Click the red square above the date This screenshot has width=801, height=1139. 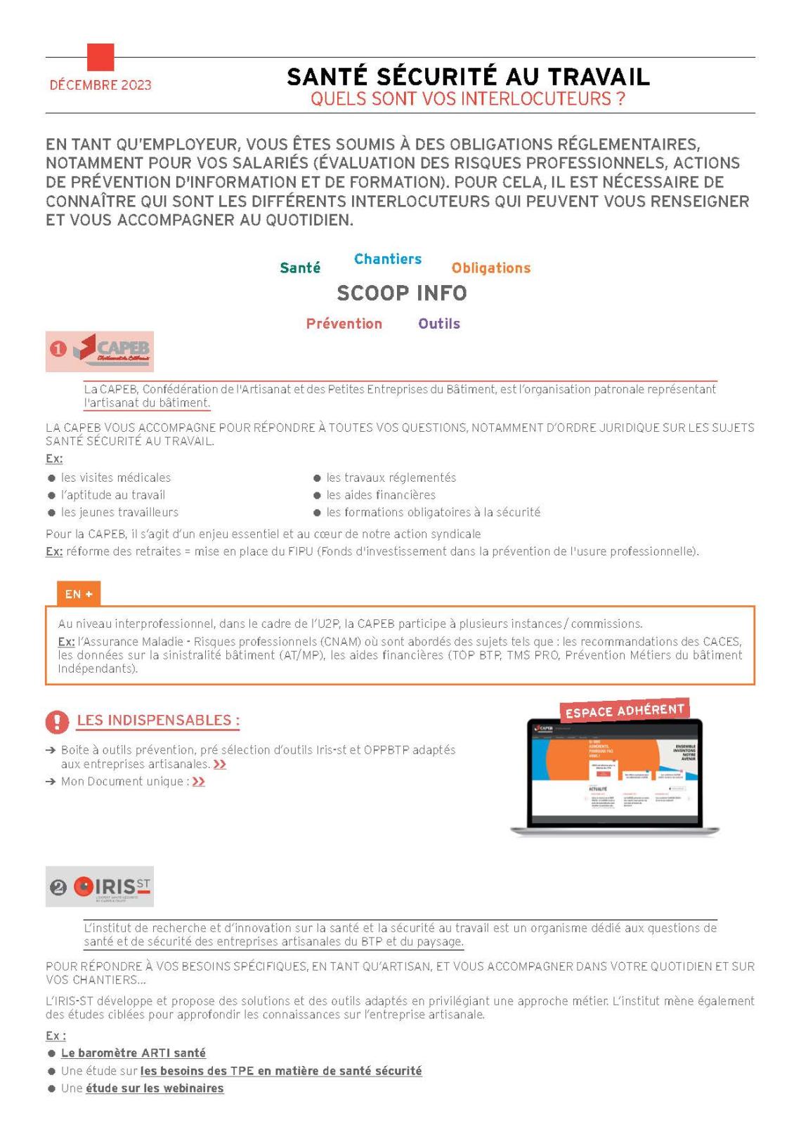[x=100, y=57]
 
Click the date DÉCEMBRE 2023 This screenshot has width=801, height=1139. [x=100, y=86]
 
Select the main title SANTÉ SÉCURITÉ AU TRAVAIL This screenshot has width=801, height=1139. [x=468, y=77]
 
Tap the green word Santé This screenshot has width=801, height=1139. [x=300, y=268]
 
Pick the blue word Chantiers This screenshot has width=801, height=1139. [x=388, y=259]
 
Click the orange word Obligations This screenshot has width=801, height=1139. [x=491, y=268]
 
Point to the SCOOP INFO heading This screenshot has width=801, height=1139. [x=402, y=293]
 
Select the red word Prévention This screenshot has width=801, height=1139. [x=344, y=324]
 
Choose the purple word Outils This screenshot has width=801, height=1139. [x=439, y=324]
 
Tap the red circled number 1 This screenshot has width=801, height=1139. [x=58, y=350]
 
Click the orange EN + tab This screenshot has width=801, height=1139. [x=79, y=594]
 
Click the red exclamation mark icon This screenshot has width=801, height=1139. [x=57, y=721]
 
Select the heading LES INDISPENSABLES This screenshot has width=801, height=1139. [x=158, y=720]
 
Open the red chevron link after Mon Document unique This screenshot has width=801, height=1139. [x=198, y=782]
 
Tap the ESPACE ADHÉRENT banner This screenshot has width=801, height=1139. [x=625, y=710]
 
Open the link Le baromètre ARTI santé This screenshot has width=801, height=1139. [x=133, y=1053]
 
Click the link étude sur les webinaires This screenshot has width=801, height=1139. [x=155, y=1088]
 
